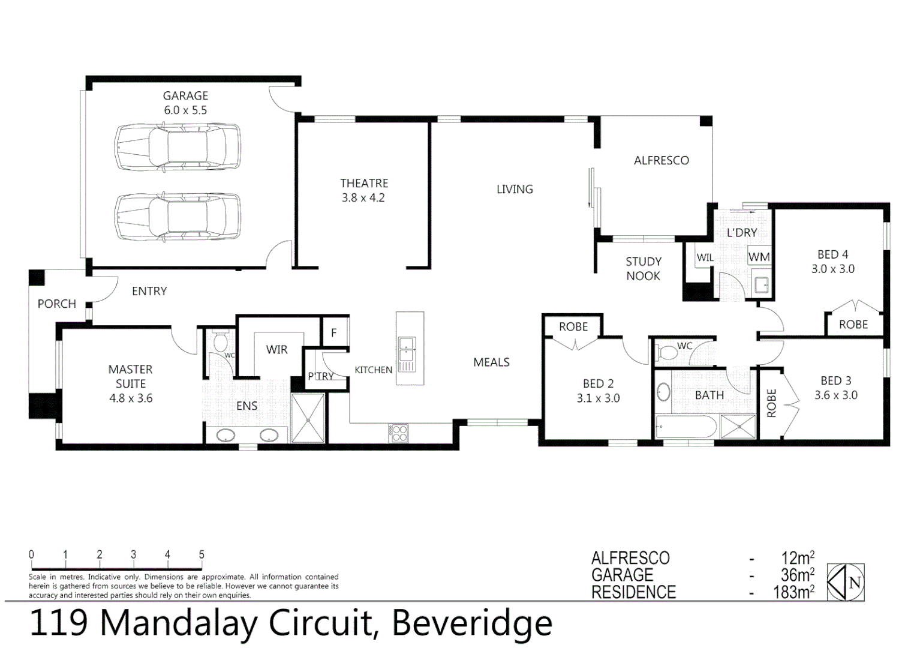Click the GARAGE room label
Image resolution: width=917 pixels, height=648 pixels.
[185, 96]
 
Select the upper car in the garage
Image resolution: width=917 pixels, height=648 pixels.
[178, 147]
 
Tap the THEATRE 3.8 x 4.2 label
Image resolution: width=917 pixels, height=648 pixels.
[363, 190]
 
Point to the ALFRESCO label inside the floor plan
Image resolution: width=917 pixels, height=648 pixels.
[661, 160]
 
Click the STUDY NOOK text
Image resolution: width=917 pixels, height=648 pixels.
[643, 269]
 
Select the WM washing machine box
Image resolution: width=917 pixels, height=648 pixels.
[759, 257]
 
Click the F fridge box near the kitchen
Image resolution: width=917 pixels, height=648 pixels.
[334, 332]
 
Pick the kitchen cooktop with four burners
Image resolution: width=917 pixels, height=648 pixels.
[398, 433]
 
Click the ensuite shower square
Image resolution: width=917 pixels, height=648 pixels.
[308, 418]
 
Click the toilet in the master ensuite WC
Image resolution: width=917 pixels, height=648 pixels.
[220, 343]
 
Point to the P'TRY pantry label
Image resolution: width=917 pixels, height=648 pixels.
[320, 376]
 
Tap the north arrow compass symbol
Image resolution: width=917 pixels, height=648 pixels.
[846, 582]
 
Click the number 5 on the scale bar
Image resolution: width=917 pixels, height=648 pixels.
[202, 554]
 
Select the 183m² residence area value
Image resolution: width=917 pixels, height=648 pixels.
[793, 592]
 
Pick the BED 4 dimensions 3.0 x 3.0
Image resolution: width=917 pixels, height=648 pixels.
[832, 269]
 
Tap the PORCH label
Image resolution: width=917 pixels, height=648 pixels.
[57, 304]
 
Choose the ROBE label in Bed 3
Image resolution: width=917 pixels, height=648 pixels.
[771, 403]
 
